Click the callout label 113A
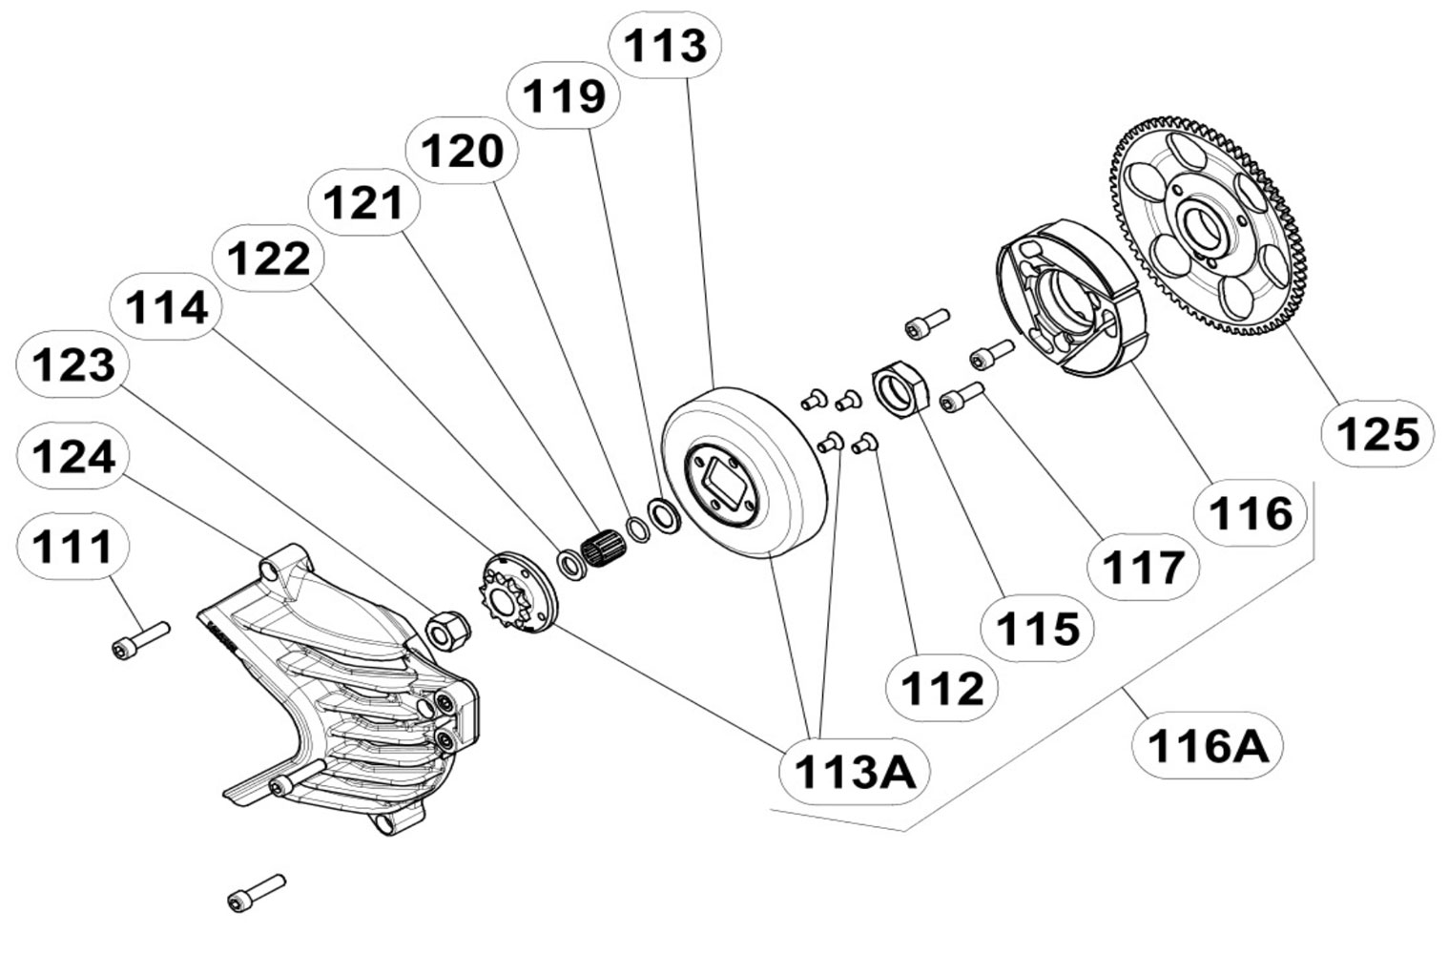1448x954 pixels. [x=853, y=771]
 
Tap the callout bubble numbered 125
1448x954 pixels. [x=1377, y=435]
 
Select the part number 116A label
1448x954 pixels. [x=1208, y=745]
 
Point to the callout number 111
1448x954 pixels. [x=73, y=548]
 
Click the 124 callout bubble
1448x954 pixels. [x=73, y=457]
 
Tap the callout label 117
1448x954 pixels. [x=1143, y=568]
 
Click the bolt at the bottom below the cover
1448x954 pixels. [x=257, y=892]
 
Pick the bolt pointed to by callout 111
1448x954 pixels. [x=140, y=640]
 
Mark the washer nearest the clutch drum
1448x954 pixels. [x=662, y=515]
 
